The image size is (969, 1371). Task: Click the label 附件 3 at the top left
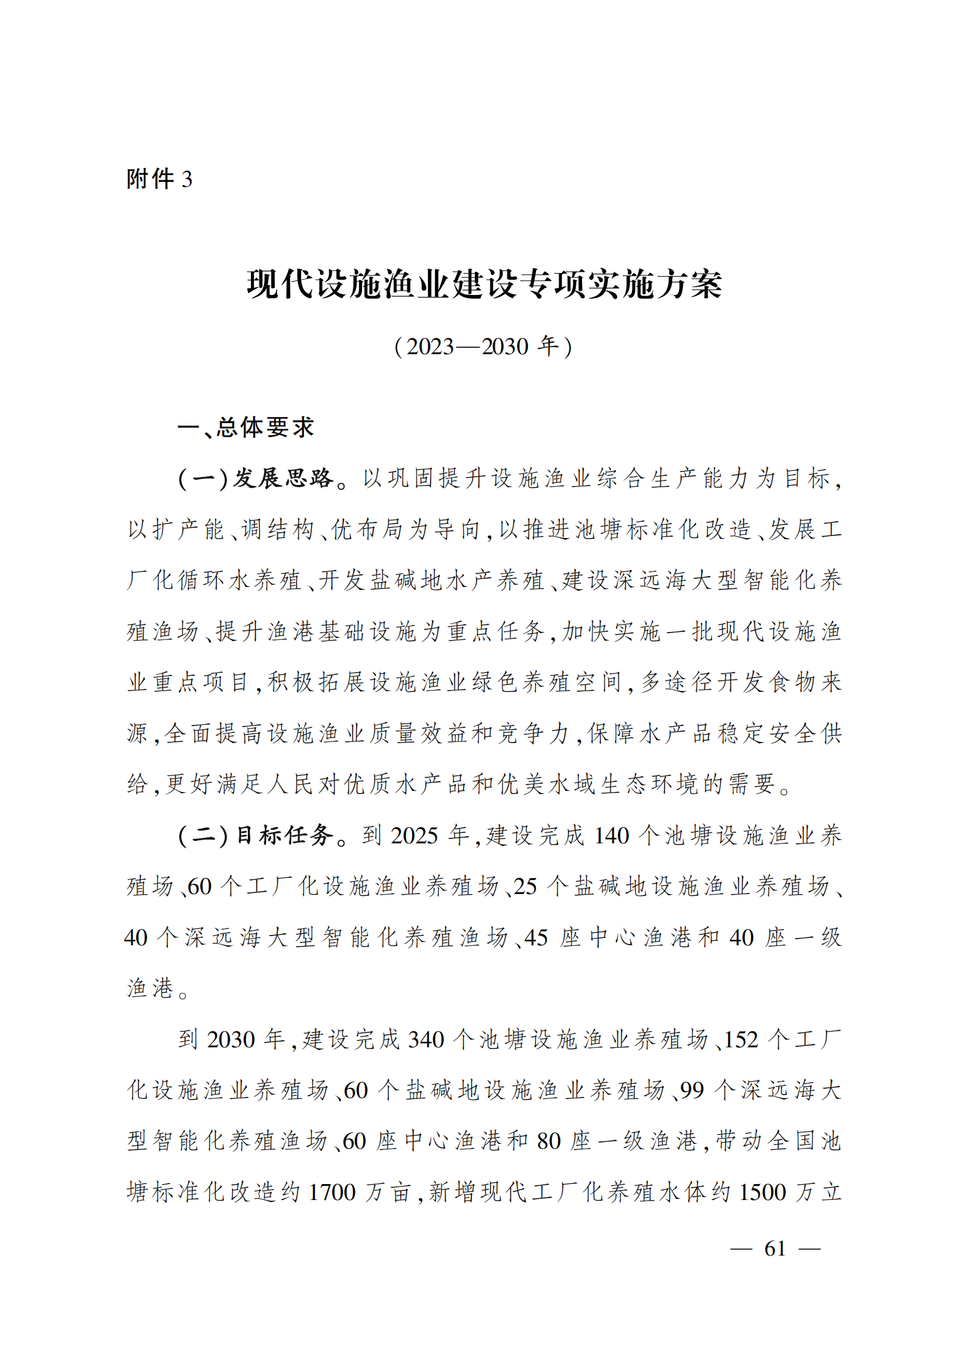point(159,179)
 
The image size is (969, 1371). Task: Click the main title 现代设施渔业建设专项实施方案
point(484,285)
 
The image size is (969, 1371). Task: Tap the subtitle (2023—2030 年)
point(484,346)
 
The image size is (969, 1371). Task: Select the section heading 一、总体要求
point(245,427)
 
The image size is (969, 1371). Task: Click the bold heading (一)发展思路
point(256,478)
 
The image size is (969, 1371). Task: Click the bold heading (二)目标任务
point(256,835)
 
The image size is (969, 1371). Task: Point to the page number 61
point(775,1248)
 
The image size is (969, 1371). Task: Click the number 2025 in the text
point(414,835)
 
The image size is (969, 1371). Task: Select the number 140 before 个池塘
point(611,835)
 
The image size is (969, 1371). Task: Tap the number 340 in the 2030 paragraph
point(426,1039)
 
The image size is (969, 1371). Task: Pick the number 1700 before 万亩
point(332,1192)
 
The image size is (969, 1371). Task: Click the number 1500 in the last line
point(762,1192)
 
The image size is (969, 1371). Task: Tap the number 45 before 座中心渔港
point(535,937)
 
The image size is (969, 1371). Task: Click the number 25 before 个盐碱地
point(525,886)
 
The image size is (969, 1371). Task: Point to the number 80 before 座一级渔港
point(548,1141)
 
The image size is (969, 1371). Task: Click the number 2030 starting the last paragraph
point(230,1039)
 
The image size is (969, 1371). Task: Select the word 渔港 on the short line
point(150,988)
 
